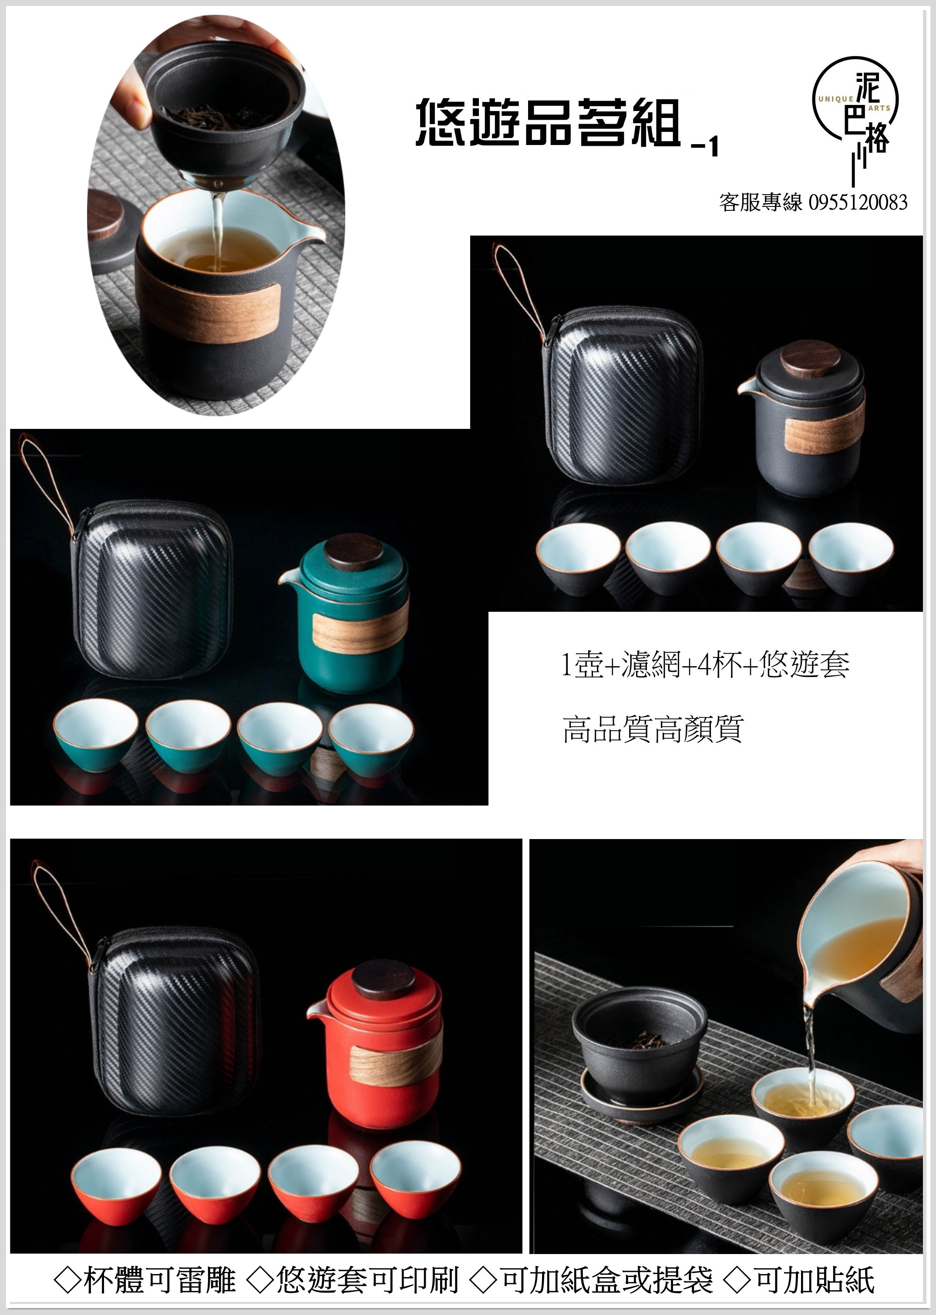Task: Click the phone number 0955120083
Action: pos(858,202)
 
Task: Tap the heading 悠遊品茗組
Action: pos(548,122)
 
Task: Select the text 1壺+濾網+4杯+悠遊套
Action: pos(705,665)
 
